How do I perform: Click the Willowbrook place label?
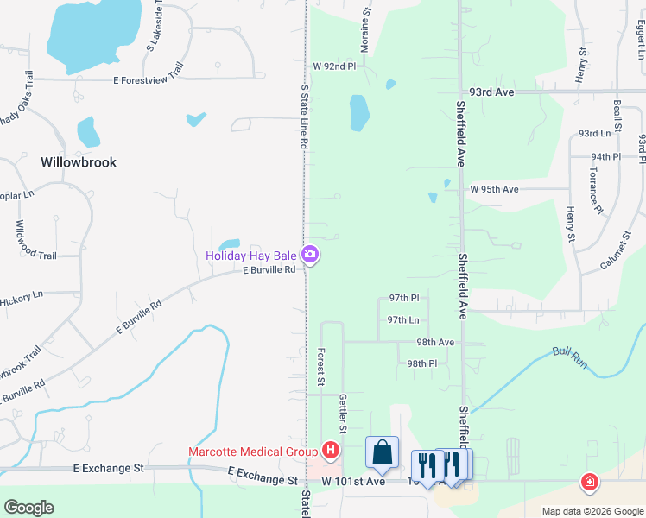click(x=78, y=161)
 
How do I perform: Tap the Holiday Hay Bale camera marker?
click(x=310, y=255)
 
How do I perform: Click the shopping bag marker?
click(x=382, y=451)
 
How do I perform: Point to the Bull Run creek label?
click(x=570, y=357)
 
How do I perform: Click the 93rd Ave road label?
click(x=491, y=91)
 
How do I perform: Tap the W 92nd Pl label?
click(x=334, y=66)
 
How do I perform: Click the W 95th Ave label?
click(x=494, y=189)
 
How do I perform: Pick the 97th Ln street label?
click(x=403, y=319)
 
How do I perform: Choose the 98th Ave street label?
click(x=435, y=342)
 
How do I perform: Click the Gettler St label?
click(x=343, y=414)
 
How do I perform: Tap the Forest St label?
click(x=320, y=366)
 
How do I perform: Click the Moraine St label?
click(x=366, y=30)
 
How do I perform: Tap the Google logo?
click(x=29, y=508)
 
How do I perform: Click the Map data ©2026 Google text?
click(x=592, y=511)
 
